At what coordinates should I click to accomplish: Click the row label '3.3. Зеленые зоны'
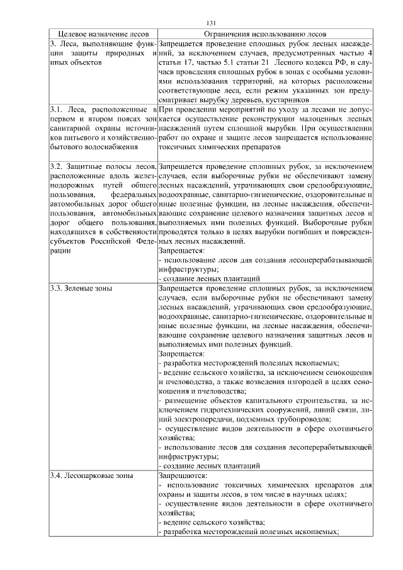click(81, 288)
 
